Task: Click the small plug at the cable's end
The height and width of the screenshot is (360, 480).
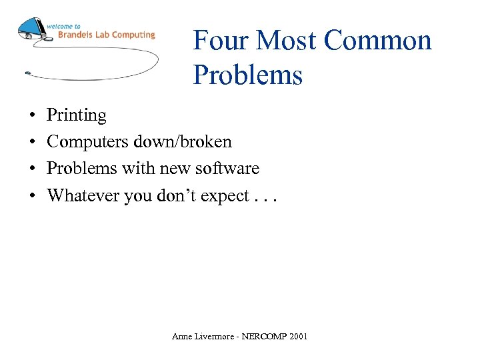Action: tap(27, 72)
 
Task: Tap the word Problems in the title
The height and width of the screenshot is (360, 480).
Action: tap(247, 75)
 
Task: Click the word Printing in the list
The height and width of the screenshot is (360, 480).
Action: tap(76, 115)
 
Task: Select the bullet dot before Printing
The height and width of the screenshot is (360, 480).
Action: tap(31, 116)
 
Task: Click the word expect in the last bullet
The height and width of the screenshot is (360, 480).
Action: tap(218, 197)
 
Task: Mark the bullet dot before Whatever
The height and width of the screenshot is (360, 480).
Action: tap(31, 196)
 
